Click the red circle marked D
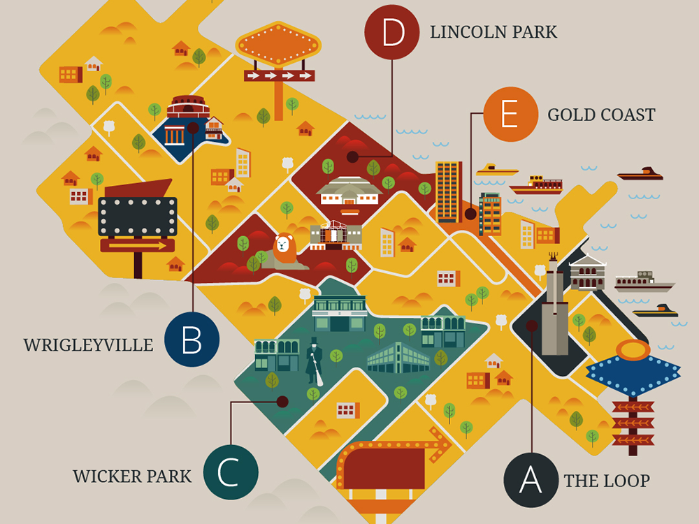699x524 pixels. pos(392,31)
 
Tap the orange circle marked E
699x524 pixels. pos(510,114)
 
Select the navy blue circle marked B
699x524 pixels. pos(192,340)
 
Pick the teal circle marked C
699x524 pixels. pos(231,472)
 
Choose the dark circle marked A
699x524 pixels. pos(531,480)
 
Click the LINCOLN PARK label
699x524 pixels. pos(493,32)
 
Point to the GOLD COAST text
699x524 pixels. pos(601,115)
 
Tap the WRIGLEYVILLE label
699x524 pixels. pos(88,345)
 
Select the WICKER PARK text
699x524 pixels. pos(132,476)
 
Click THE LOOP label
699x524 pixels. pos(607,481)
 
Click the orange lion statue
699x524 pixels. pos(284,251)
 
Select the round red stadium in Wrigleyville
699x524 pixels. pos(188,108)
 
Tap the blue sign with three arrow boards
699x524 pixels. pos(633,391)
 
